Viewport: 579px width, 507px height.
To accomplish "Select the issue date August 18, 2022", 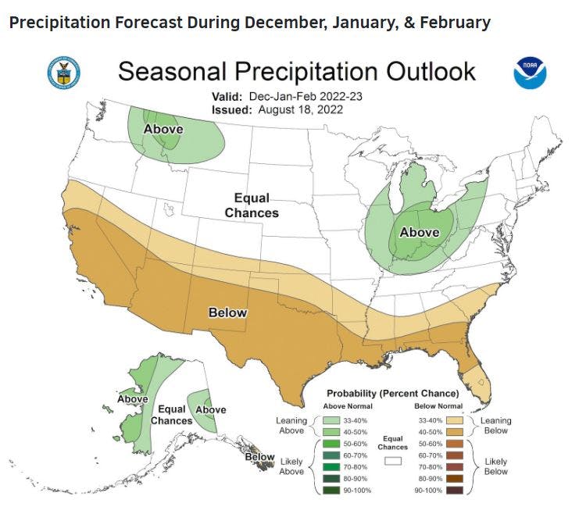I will coord(297,109).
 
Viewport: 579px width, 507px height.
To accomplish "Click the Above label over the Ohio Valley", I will coord(420,232).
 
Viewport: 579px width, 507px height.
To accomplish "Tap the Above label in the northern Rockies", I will coord(163,129).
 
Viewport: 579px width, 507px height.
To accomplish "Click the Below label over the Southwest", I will coord(227,312).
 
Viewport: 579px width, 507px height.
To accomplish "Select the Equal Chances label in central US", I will coord(252,205).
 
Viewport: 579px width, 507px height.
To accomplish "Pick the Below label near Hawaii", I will coord(260,457).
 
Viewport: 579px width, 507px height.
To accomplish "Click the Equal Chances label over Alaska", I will coord(171,415).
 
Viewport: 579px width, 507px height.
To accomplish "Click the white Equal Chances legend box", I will coord(392,462).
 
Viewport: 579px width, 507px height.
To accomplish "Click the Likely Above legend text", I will coord(292,467).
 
